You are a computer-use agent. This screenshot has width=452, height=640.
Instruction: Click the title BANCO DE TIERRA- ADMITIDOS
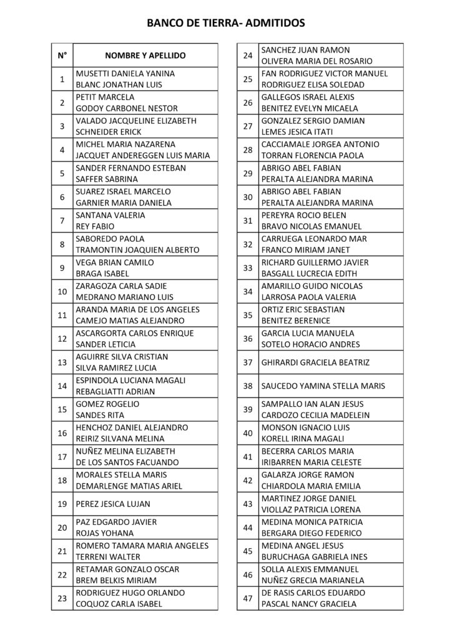226,24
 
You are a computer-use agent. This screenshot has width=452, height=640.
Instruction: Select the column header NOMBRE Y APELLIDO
145,56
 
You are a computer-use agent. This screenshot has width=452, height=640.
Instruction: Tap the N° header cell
62,56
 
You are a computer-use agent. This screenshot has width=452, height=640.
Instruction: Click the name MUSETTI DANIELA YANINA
125,73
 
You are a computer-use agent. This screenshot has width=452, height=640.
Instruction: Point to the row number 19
62,503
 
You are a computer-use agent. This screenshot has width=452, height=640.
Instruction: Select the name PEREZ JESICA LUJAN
113,503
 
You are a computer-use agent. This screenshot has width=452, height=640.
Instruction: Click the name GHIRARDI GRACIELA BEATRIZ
315,362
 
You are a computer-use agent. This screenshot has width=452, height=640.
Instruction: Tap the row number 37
247,362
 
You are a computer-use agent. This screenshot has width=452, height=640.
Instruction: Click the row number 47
247,598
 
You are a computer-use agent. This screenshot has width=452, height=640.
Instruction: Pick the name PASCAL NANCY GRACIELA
308,604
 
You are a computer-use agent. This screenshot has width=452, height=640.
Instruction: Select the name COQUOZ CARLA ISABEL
119,604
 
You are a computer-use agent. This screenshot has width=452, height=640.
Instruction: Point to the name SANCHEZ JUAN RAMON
305,50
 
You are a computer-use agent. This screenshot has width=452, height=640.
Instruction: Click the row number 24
247,56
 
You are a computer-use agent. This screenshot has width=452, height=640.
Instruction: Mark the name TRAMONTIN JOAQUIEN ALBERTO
134,250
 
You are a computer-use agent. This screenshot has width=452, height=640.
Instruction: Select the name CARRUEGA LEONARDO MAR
314,239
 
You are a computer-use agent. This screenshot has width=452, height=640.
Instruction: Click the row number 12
62,339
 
